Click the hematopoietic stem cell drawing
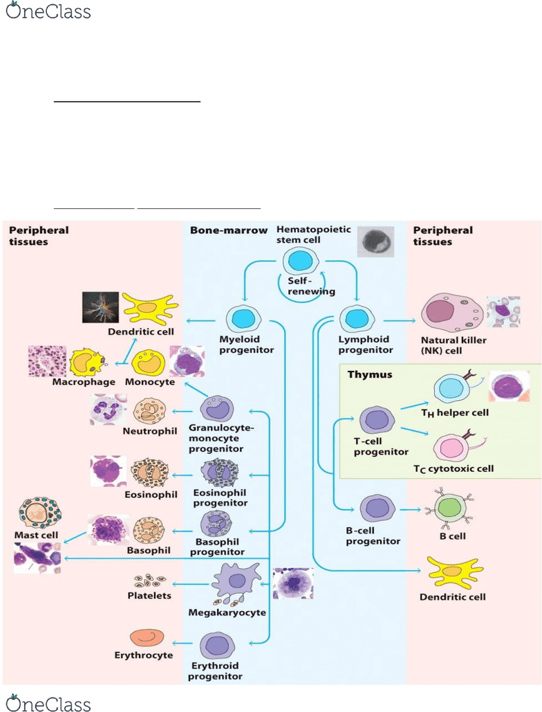(300, 261)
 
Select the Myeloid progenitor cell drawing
(246, 320)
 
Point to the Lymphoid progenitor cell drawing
(357, 320)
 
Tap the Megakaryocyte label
(227, 612)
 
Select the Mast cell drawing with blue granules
(41, 513)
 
